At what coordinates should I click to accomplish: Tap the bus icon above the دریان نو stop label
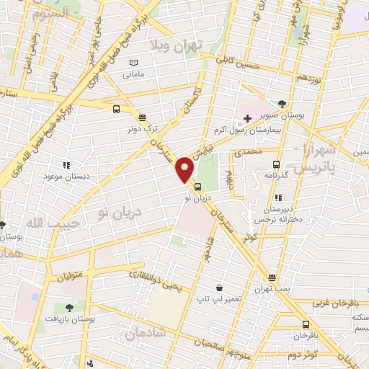click(198, 187)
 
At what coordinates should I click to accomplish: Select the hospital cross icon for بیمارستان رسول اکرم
click(246, 117)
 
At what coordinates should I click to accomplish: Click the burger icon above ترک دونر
click(142, 117)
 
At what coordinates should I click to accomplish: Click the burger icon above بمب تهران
click(272, 277)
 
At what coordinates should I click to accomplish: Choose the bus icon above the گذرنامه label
click(277, 163)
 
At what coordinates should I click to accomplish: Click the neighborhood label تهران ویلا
click(173, 44)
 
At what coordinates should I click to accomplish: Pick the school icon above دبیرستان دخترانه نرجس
click(279, 197)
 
